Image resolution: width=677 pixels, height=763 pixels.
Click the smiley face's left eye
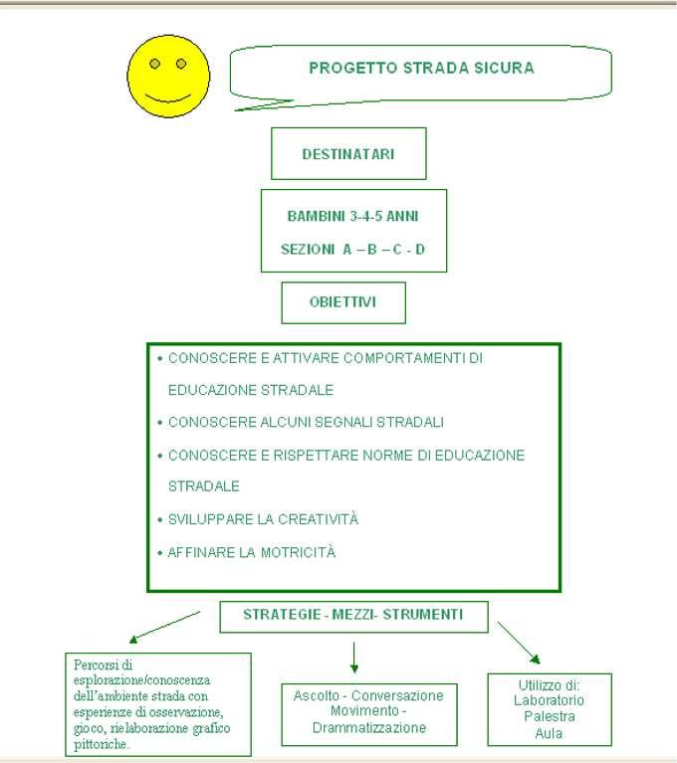click(x=155, y=64)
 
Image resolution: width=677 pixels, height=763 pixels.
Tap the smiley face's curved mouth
click(x=168, y=97)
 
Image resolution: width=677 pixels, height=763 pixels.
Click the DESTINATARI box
click(x=348, y=154)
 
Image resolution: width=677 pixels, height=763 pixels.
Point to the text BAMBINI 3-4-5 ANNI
click(x=352, y=216)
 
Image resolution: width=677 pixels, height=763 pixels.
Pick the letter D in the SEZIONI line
click(x=420, y=250)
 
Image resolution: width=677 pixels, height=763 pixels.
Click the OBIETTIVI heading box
click(x=343, y=302)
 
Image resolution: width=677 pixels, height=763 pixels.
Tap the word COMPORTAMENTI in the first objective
click(x=404, y=358)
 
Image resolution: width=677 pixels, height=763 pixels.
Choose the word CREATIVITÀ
click(x=318, y=518)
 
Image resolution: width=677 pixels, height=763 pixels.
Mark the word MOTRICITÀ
click(x=298, y=552)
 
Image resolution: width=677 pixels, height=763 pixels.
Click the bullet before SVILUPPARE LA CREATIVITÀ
click(x=159, y=520)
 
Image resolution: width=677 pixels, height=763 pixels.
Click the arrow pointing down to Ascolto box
click(x=354, y=658)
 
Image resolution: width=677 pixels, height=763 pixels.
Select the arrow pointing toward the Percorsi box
click(x=164, y=628)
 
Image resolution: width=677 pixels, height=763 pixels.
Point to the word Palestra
click(x=550, y=716)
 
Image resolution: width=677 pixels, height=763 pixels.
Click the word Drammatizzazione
click(x=369, y=727)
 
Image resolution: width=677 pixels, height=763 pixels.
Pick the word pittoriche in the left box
click(x=101, y=744)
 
